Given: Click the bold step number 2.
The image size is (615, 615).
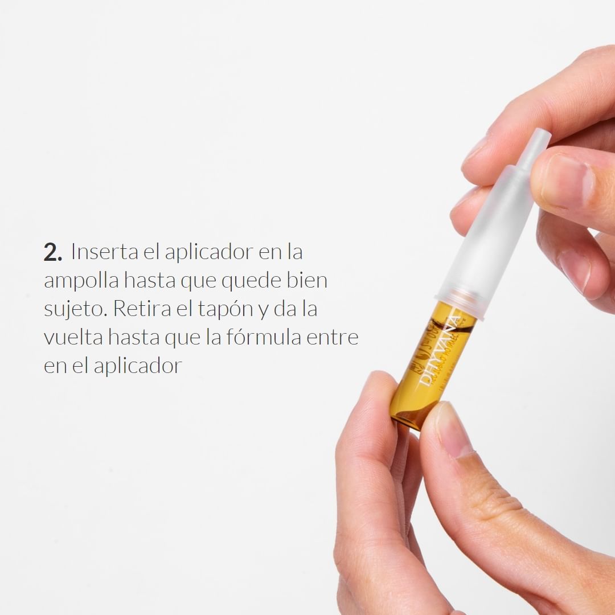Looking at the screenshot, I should (52, 253).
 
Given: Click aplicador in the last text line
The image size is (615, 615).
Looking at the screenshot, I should (137, 366).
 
